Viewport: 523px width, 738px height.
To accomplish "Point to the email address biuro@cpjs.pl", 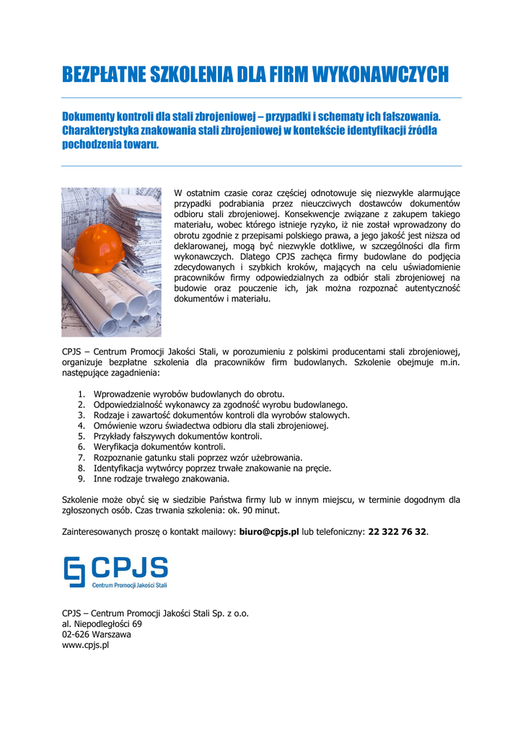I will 268,532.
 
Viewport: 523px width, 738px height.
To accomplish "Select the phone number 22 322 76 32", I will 397,532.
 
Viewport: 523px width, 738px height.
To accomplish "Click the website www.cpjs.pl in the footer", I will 85,646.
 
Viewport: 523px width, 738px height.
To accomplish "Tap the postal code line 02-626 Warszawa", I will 97,635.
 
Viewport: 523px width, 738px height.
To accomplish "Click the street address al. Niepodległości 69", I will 102,624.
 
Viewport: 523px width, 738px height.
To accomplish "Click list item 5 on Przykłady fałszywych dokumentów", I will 177,437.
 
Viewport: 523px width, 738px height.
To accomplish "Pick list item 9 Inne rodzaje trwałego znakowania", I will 162,479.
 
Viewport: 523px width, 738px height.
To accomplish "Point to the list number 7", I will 82,458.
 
